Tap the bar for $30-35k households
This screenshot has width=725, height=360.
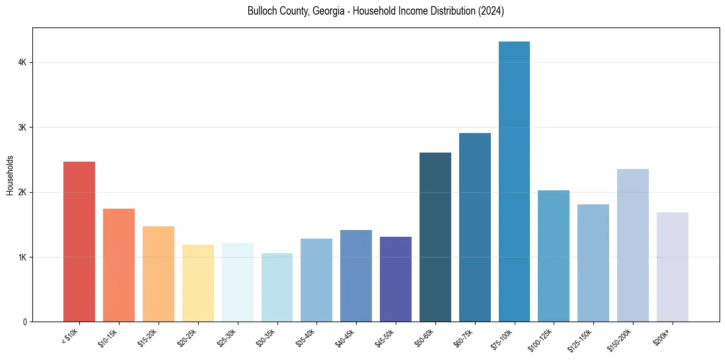pos(277,287)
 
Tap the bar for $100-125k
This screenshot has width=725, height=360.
pos(554,256)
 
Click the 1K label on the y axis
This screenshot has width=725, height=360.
pos(23,257)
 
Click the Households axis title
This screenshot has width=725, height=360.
pos(10,175)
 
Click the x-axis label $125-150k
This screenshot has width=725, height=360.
pos(580,338)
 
